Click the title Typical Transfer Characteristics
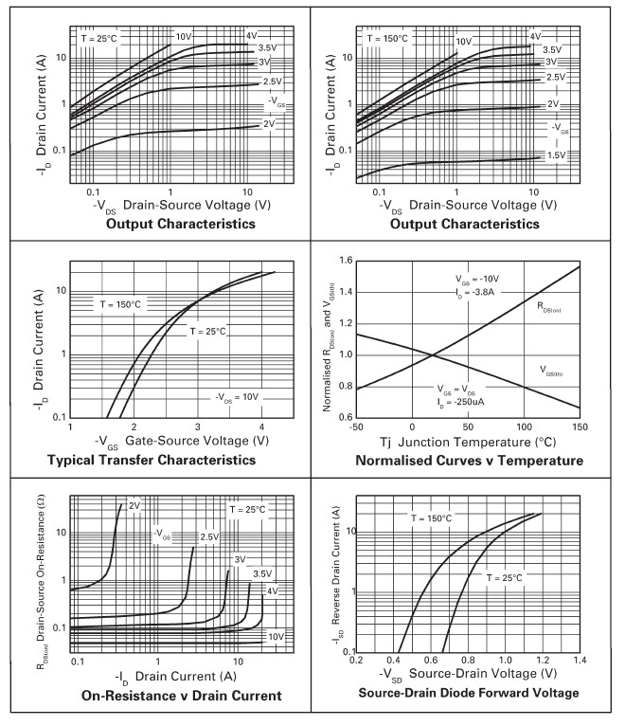[165, 460]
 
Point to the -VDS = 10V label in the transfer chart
[235, 395]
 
